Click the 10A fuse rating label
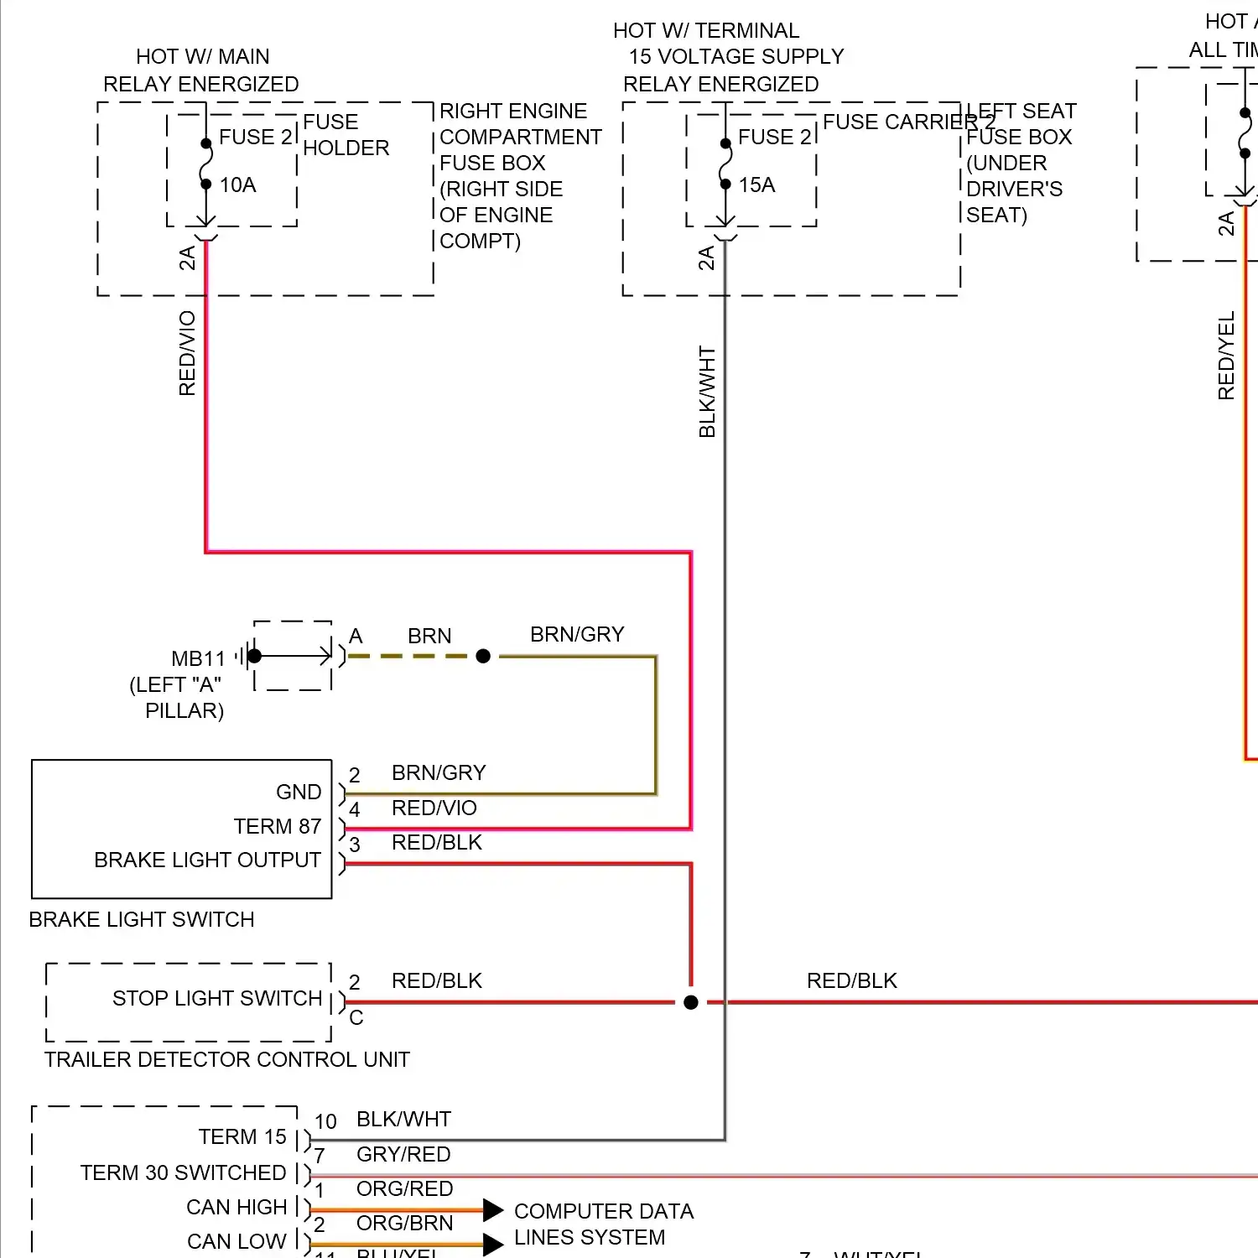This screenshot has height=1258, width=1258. click(x=237, y=185)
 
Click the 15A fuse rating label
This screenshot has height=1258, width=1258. click(x=756, y=185)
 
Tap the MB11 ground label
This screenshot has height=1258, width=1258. click(x=199, y=659)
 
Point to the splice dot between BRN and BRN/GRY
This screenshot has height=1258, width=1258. click(x=483, y=656)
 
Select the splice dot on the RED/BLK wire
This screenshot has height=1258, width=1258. click(x=691, y=1002)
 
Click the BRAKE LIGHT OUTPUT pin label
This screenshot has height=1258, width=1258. click(x=207, y=860)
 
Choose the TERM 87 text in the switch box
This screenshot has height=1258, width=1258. click(x=278, y=827)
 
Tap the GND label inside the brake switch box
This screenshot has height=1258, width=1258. click(x=299, y=793)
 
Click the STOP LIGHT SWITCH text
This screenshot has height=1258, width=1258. click(x=217, y=999)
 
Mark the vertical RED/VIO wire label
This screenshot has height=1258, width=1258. click(x=187, y=353)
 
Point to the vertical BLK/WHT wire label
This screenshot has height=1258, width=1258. click(x=707, y=392)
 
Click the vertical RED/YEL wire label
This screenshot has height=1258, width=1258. click(x=1226, y=356)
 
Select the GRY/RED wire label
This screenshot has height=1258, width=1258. click(x=403, y=1155)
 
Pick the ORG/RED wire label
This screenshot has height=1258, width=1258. click(x=404, y=1189)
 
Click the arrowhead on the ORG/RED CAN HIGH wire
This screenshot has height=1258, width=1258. click(x=493, y=1210)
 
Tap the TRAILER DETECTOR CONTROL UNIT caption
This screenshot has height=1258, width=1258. click(x=227, y=1060)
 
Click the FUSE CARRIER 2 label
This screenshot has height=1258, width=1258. click(x=908, y=122)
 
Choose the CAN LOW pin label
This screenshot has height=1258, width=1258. click(x=237, y=1241)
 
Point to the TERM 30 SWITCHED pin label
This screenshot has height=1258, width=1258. click(x=183, y=1172)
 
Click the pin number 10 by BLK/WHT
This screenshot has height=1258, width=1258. click(x=325, y=1122)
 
